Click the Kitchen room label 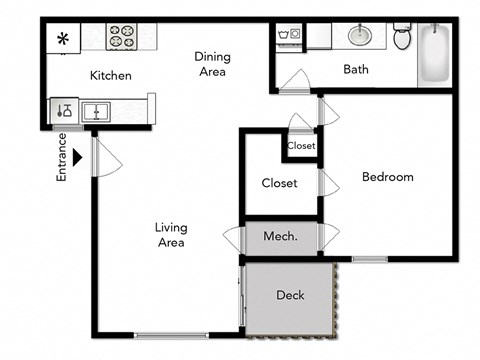point(110,76)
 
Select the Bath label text point(356,70)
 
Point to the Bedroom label point(387,177)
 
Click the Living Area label point(171,234)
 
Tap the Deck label point(290,296)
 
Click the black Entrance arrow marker point(77,156)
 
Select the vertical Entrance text point(61,157)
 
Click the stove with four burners point(123,36)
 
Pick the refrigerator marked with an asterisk point(62,40)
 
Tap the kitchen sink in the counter point(96,110)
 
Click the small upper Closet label point(301,146)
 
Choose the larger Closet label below point(280,183)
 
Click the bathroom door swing point(295,81)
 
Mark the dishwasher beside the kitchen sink point(64,110)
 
